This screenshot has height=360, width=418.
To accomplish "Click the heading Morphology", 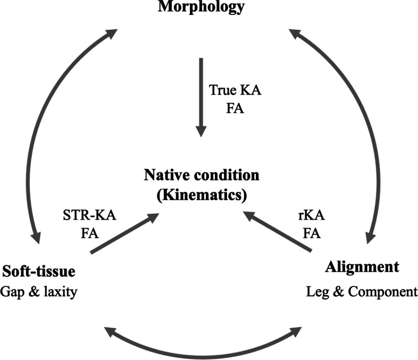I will pyautogui.click(x=201, y=7).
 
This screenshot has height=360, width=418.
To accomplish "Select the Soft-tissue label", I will pyautogui.click(x=38, y=272).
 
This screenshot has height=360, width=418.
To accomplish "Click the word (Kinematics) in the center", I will pyautogui.click(x=200, y=194).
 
